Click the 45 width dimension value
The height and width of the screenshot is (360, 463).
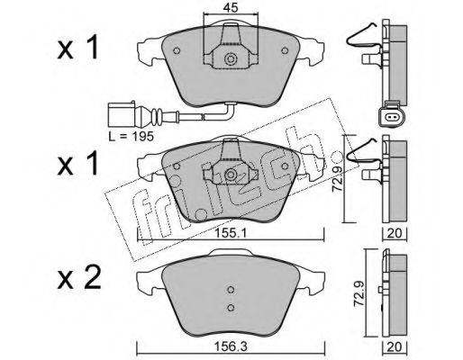point(231,8)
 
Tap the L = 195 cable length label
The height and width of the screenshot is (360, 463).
point(132,137)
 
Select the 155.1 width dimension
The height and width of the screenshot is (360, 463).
point(231,233)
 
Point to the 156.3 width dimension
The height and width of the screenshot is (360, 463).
point(231,347)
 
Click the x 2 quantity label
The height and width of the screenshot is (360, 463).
point(79,278)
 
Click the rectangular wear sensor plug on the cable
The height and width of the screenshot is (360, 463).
point(122,115)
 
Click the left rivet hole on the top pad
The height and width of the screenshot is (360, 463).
point(177,50)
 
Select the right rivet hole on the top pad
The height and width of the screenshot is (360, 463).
point(285,50)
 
